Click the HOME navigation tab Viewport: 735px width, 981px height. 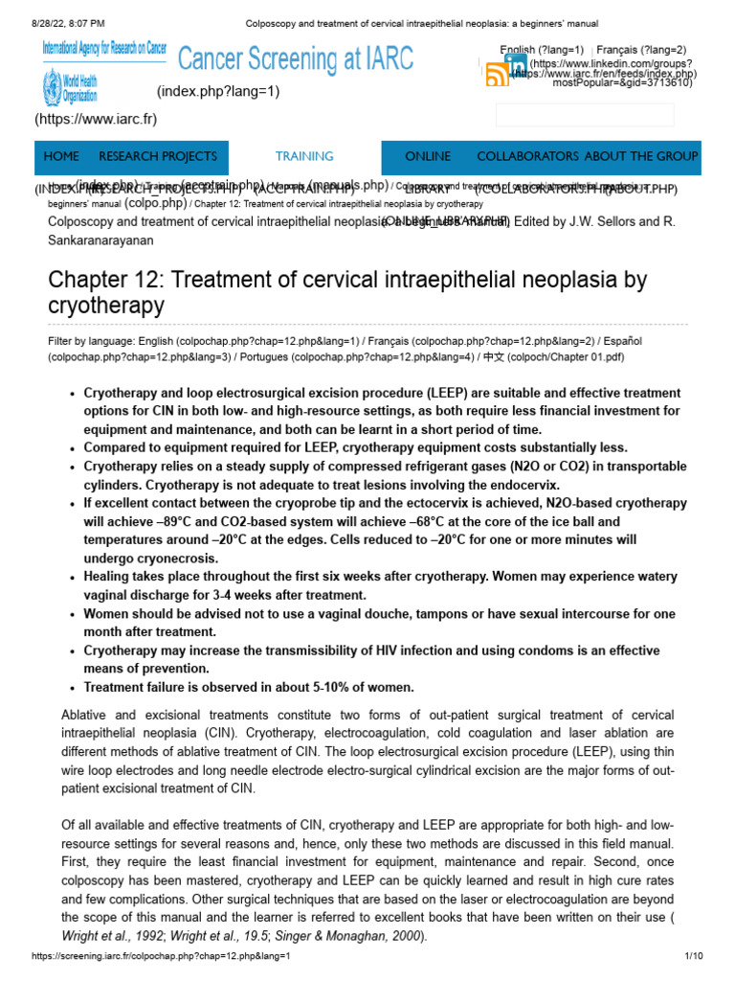coord(61,156)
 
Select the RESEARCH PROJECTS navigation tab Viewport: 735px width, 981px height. coord(158,156)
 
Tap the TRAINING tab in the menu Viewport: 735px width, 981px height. coord(304,156)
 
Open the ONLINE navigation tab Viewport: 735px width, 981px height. coord(428,156)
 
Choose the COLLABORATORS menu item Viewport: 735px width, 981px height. coord(527,156)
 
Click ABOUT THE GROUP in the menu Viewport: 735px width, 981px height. coord(641,156)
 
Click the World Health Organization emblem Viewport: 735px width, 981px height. coord(51,89)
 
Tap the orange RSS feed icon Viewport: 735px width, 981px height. coord(498,75)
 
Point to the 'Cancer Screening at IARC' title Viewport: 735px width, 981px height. coord(297,59)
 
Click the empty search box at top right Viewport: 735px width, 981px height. coord(584,115)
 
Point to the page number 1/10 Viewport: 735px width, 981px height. coord(694,957)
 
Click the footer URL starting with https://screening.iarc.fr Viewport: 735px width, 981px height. coord(160,957)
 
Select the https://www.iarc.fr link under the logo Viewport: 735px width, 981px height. coord(96,120)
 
